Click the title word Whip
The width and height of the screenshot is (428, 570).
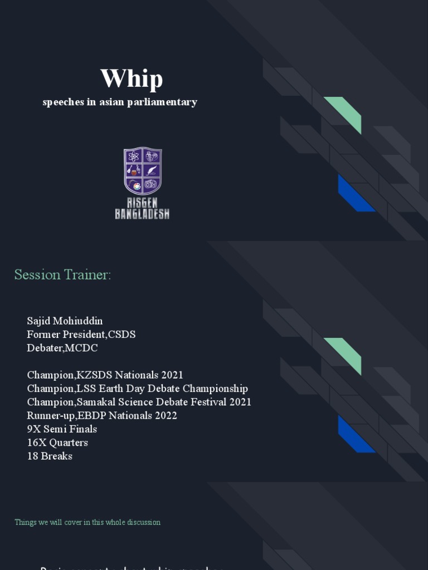point(132,78)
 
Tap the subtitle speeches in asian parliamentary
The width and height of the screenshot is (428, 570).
point(120,102)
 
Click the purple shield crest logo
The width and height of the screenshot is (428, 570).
point(143,171)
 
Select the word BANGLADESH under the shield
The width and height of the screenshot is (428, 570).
point(142,214)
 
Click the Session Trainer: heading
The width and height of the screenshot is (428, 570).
point(62,275)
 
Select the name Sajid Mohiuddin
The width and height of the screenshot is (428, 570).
point(65,321)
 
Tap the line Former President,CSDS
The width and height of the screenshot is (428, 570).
point(81,335)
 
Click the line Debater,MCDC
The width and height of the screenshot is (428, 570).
point(62,348)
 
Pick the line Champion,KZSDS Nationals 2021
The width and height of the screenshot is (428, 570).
point(105,375)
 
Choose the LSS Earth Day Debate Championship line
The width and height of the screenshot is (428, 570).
point(137,389)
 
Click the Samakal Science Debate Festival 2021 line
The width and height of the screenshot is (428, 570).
point(139,402)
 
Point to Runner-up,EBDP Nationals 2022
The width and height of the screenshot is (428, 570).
point(102,416)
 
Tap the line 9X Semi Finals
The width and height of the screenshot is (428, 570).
point(62,429)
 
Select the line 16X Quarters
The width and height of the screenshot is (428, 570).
point(57,443)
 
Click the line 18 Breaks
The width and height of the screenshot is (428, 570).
point(50,456)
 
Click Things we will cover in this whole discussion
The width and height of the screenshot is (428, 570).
point(87,523)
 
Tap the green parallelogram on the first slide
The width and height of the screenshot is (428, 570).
point(342,115)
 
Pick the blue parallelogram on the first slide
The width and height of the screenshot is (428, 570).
point(356,193)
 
